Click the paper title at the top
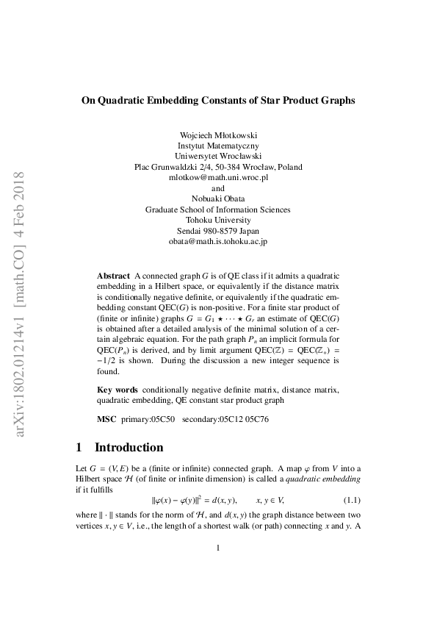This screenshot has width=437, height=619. (x=218, y=101)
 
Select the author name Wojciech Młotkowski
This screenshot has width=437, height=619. (x=218, y=135)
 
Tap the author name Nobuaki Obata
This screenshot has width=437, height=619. (x=218, y=198)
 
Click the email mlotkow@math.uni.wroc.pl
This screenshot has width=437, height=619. (x=218, y=177)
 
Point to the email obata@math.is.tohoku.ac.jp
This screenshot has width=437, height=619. (x=218, y=240)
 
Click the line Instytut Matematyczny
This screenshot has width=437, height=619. (x=218, y=146)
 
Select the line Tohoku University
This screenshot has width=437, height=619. (x=218, y=220)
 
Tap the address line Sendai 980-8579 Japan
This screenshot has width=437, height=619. (x=218, y=230)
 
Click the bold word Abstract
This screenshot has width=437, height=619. (x=113, y=275)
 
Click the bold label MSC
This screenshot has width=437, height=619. (x=106, y=418)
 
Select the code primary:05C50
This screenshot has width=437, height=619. (x=150, y=418)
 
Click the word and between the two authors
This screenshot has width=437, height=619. (x=218, y=188)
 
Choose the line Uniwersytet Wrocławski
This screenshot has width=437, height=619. (x=218, y=157)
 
